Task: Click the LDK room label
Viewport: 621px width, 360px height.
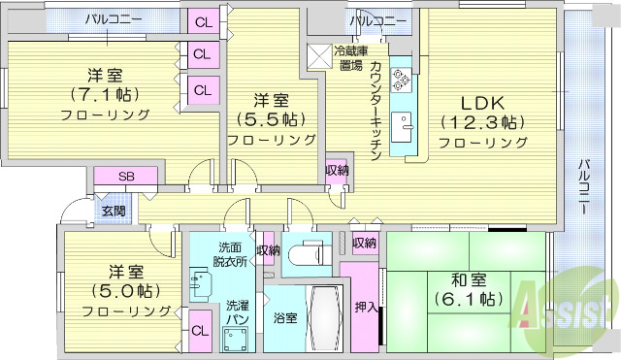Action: pos(482,102)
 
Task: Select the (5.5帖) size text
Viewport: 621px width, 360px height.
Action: pos(272,119)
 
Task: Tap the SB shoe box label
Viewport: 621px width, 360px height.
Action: pos(126,177)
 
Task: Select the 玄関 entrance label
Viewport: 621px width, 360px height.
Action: pos(112,210)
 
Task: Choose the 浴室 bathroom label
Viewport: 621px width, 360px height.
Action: pos(284,317)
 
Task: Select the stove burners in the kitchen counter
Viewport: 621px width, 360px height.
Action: pos(402,80)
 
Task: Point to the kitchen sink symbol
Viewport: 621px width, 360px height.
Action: pos(402,123)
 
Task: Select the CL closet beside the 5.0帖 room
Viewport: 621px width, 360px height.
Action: pos(200,331)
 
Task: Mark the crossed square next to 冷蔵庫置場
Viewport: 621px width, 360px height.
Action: pos(318,56)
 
